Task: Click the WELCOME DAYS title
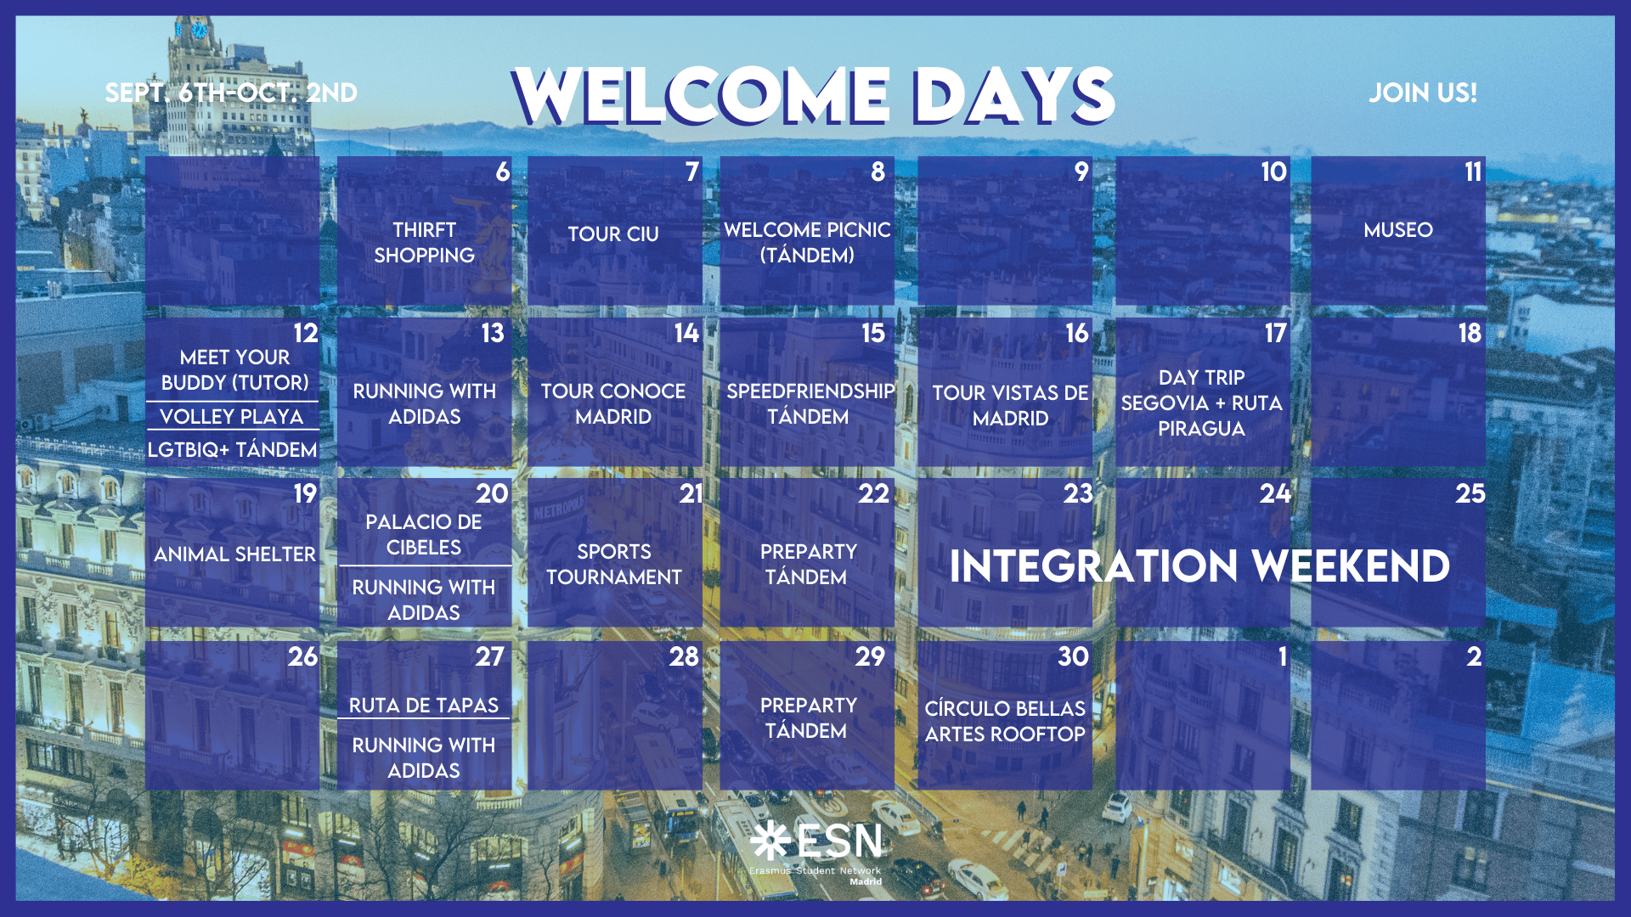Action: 813,94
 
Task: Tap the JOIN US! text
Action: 1423,93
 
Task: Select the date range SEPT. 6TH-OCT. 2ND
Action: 231,93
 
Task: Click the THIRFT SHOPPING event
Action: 425,243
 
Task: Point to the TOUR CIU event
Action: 613,234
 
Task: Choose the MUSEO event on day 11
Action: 1398,230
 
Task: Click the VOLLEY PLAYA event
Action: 232,417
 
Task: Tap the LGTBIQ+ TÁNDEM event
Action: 232,450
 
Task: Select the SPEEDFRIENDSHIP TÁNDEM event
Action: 810,404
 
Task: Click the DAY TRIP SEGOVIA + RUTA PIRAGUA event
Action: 1202,403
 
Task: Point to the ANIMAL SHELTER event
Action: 234,554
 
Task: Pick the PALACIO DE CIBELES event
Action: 424,535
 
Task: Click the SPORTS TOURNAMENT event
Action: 614,565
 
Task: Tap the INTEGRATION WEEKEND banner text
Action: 1199,566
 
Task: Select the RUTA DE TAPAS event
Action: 424,706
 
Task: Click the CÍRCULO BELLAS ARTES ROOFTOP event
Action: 1005,722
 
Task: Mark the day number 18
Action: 1470,334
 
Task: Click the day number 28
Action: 684,657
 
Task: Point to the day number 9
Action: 1081,172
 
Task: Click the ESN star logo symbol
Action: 770,840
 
